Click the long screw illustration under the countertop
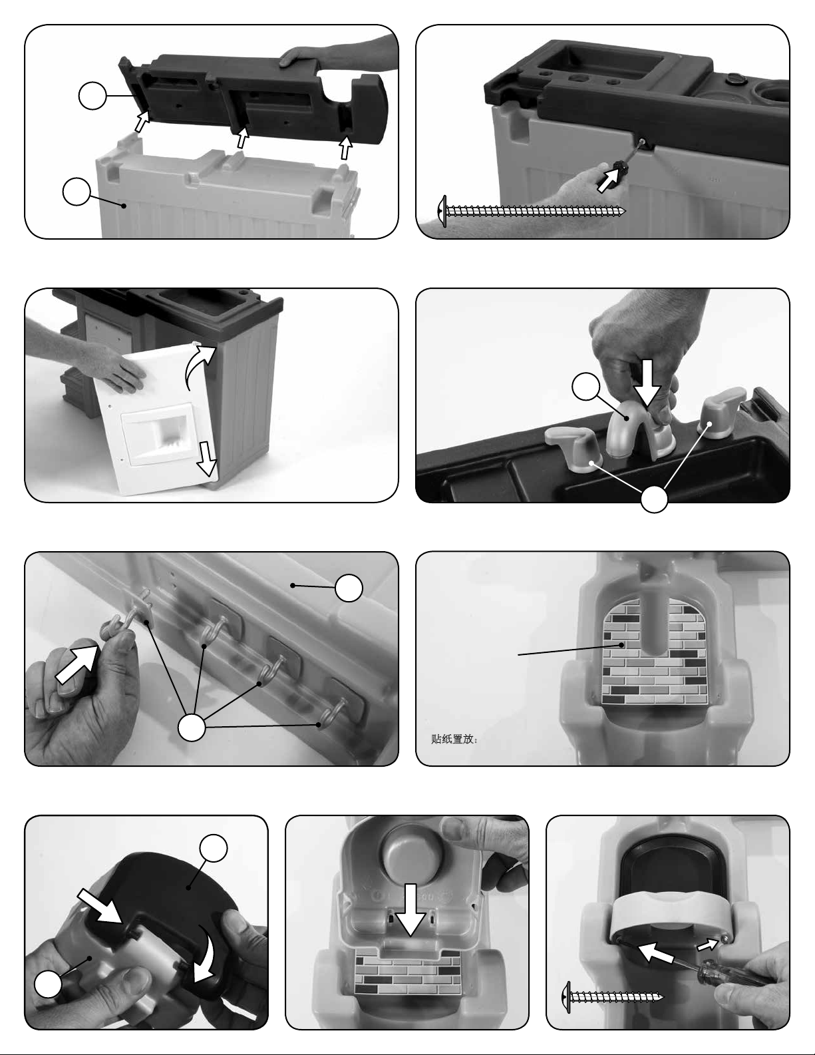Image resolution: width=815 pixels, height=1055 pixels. pos(531,211)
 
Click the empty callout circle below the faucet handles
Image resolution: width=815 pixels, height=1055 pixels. pos(654,499)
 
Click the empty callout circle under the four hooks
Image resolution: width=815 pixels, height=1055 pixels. pos(192,728)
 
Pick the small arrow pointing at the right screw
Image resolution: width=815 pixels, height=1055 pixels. pos(707,944)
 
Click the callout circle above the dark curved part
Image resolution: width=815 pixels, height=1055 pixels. pos(214,848)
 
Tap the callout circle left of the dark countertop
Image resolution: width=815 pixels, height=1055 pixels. pos(92,96)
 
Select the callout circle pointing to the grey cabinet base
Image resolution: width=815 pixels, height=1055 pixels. pos(77,192)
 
